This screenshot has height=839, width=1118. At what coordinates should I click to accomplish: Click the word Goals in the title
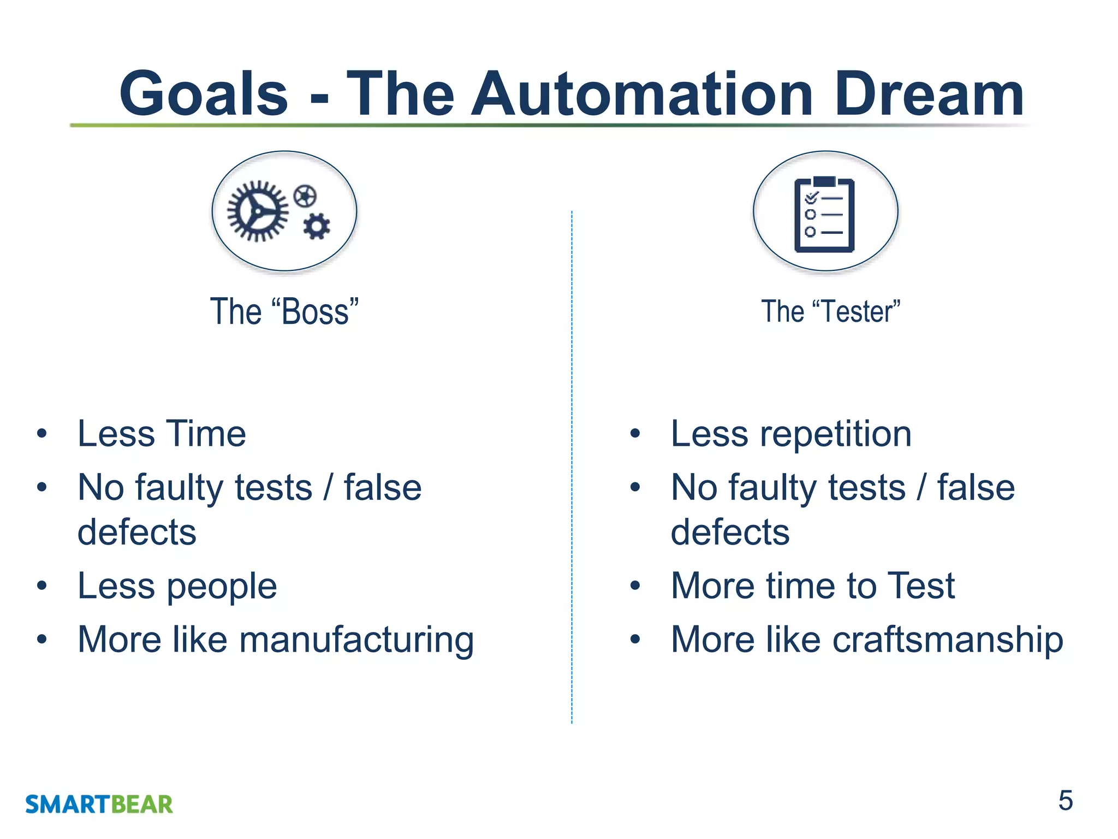pyautogui.click(x=203, y=94)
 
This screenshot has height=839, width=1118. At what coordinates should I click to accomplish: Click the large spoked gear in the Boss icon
pyautogui.click(x=258, y=211)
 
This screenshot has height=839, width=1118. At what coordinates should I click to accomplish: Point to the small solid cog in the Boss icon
pyautogui.click(x=317, y=226)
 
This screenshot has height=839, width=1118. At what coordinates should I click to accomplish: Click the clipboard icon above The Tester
pyautogui.click(x=824, y=214)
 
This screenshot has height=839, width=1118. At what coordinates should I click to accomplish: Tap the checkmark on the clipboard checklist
pyautogui.click(x=812, y=197)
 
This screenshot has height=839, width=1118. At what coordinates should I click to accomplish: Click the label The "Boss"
pyautogui.click(x=284, y=312)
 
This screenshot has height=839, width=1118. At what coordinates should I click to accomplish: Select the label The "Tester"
pyautogui.click(x=830, y=312)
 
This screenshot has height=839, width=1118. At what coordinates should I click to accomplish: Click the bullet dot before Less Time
pyautogui.click(x=42, y=434)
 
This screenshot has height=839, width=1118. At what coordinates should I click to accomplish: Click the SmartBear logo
pyautogui.click(x=99, y=805)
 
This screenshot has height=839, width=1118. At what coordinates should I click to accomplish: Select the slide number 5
pyautogui.click(x=1065, y=801)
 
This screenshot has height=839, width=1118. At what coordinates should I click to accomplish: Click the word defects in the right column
pyautogui.click(x=730, y=533)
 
